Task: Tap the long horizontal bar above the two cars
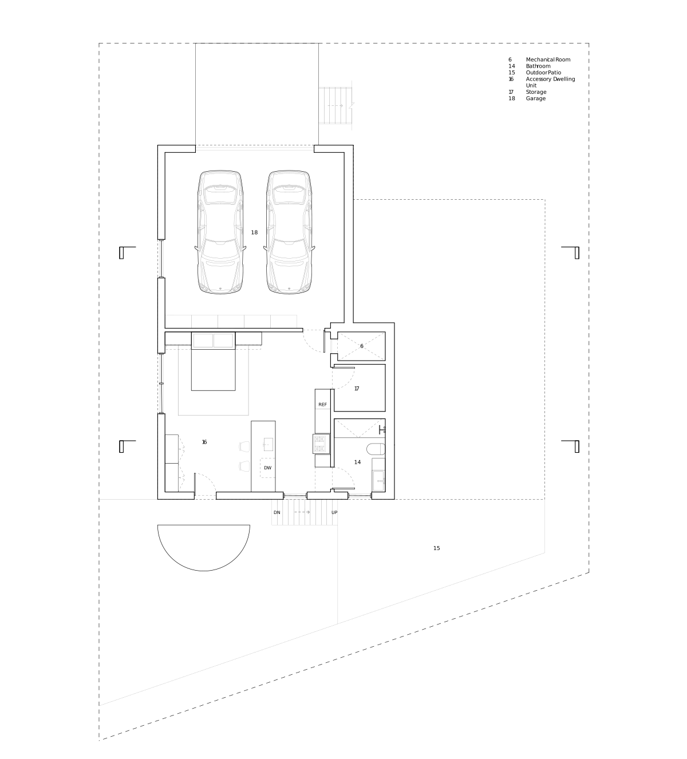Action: click(x=255, y=149)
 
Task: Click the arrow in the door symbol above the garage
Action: click(x=338, y=106)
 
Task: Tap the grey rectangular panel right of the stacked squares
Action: click(x=321, y=444)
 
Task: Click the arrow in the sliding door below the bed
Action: click(x=302, y=511)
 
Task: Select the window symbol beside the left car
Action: click(x=160, y=259)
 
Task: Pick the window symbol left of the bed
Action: click(x=160, y=384)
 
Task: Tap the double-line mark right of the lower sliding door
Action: click(x=360, y=494)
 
